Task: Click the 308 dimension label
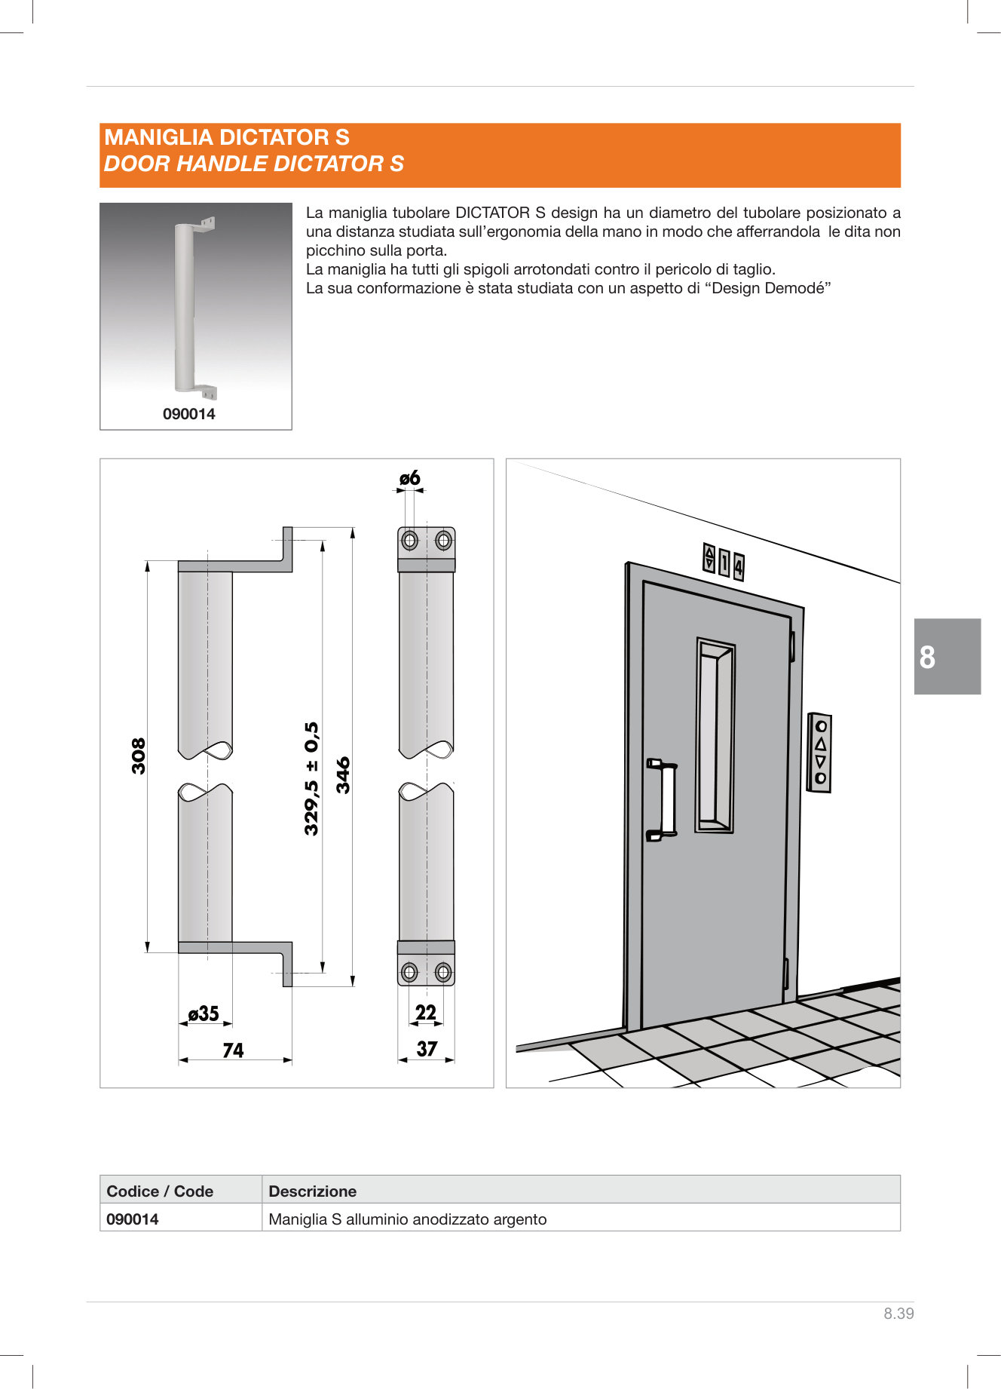pyautogui.click(x=139, y=756)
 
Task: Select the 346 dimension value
pyautogui.click(x=343, y=775)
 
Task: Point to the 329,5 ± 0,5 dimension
pyautogui.click(x=311, y=778)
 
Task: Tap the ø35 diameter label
pyautogui.click(x=204, y=1013)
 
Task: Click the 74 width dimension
pyautogui.click(x=233, y=1050)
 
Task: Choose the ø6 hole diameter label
pyautogui.click(x=409, y=478)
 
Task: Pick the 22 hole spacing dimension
pyautogui.click(x=426, y=1013)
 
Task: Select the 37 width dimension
pyautogui.click(x=427, y=1049)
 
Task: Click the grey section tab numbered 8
pyautogui.click(x=947, y=657)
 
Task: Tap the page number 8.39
pyautogui.click(x=898, y=1314)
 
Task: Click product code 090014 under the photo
pyautogui.click(x=188, y=414)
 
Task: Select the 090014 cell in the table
pyautogui.click(x=133, y=1219)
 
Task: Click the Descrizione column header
pyautogui.click(x=312, y=1191)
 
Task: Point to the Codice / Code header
pyautogui.click(x=160, y=1191)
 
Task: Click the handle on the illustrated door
pyautogui.click(x=663, y=799)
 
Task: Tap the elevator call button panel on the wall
pyautogui.click(x=819, y=752)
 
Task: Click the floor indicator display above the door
pyautogui.click(x=724, y=563)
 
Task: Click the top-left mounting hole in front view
pyautogui.click(x=409, y=540)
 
